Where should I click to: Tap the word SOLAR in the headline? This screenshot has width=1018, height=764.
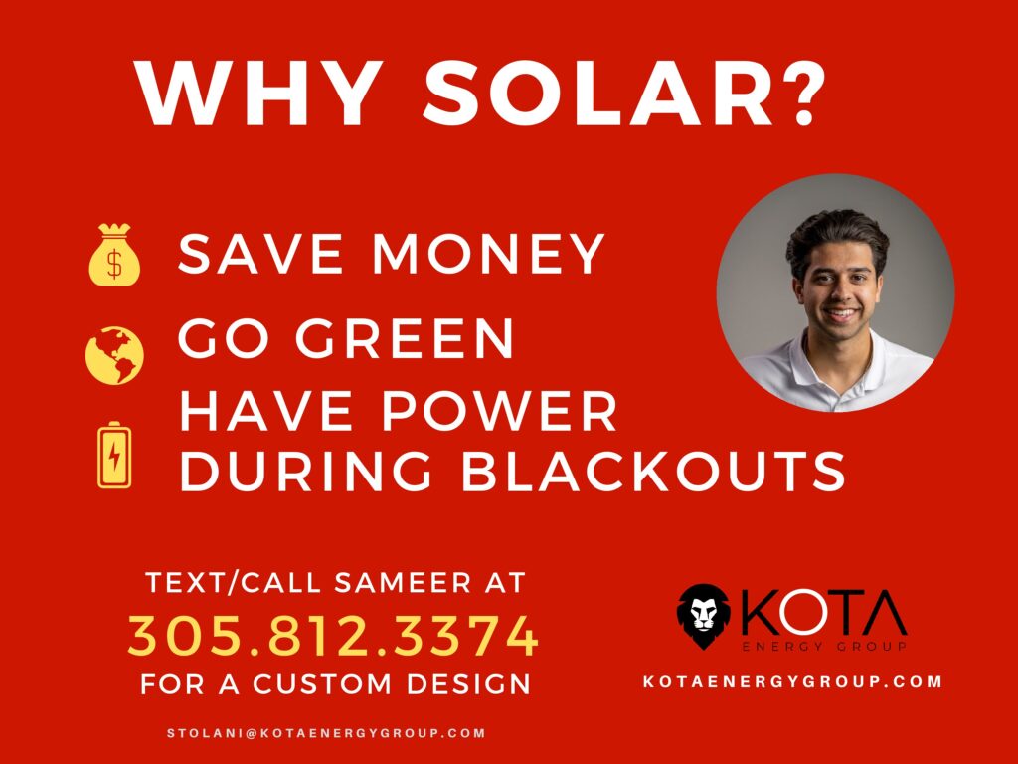[597, 94]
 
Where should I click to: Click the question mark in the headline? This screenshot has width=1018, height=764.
[801, 94]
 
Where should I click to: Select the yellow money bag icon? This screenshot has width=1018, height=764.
[114, 255]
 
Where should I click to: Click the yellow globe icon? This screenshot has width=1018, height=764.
[114, 355]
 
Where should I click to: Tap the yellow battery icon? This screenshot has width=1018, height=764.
[114, 455]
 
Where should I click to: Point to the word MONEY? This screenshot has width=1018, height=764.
[488, 254]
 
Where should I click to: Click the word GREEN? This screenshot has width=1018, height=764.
[405, 338]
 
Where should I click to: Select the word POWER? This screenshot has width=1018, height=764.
[499, 411]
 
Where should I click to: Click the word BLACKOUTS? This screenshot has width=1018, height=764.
[653, 471]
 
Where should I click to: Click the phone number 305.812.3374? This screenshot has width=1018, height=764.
[333, 636]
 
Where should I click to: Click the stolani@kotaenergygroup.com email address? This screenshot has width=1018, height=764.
[326, 733]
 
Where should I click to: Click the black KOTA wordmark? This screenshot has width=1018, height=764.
[823, 612]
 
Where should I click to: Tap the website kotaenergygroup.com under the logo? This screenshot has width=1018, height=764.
[792, 681]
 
